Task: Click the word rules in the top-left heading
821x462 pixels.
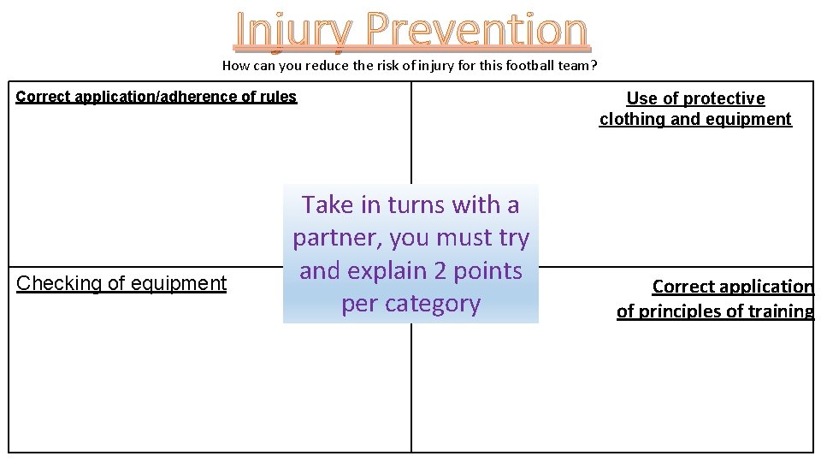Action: [277, 97]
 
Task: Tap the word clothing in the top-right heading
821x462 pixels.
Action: [633, 120]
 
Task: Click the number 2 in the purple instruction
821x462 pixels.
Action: [441, 270]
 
